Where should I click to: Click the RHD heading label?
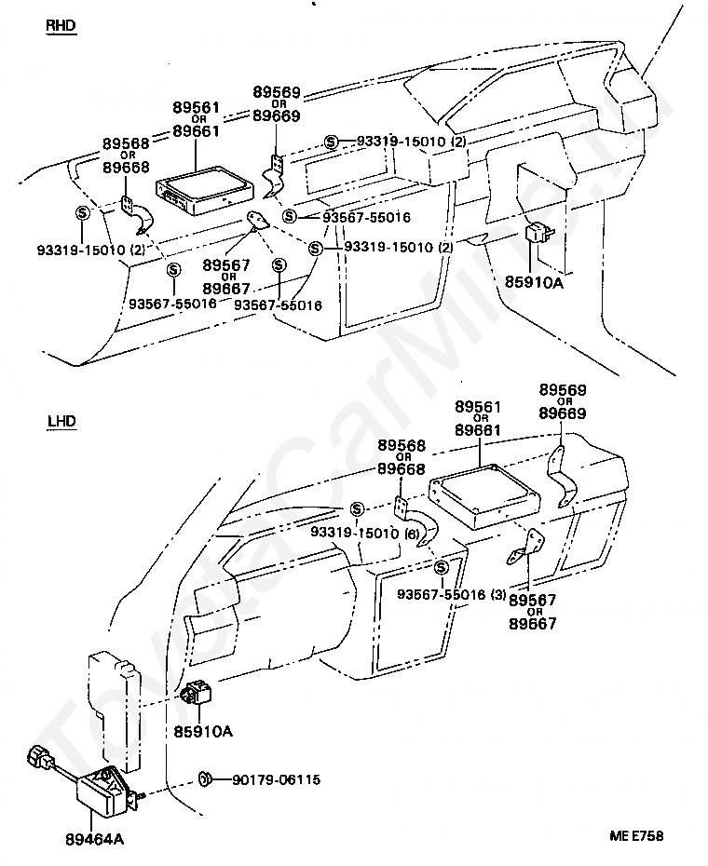point(61,25)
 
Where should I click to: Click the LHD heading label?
point(61,421)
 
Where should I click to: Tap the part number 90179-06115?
point(277,779)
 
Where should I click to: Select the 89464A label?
point(94,840)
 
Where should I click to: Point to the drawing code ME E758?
point(636,835)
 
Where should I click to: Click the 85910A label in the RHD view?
point(534,282)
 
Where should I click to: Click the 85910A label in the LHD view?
point(203,731)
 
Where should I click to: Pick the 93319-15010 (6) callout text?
point(365,533)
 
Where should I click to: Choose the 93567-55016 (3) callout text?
point(452,594)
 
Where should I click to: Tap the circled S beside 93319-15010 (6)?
point(357,508)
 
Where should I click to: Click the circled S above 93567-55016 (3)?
point(441,567)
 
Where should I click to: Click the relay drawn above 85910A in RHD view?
point(537,233)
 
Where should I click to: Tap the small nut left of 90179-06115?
point(205,779)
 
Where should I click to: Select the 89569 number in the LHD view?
point(563,390)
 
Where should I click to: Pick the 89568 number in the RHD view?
point(126,143)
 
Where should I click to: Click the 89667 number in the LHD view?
point(533,624)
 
